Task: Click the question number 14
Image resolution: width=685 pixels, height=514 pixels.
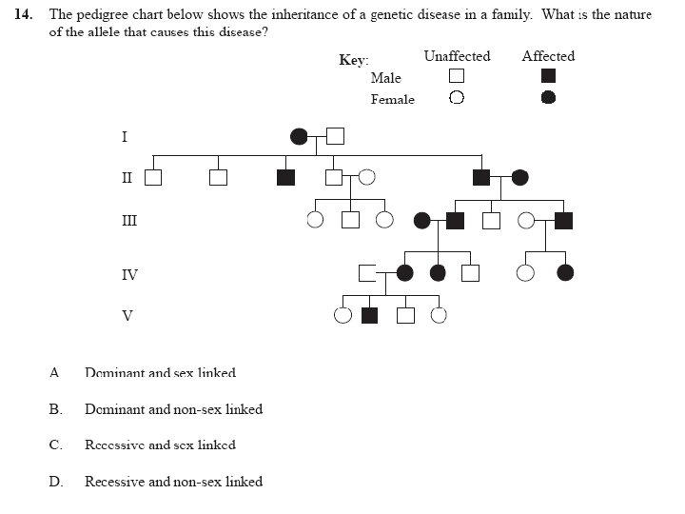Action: click(x=24, y=15)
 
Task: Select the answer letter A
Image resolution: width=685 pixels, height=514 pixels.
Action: click(x=54, y=372)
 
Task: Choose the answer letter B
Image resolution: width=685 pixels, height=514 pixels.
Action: click(x=55, y=409)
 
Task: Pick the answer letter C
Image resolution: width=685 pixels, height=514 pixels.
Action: click(x=55, y=445)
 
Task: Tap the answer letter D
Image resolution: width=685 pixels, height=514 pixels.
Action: click(x=55, y=482)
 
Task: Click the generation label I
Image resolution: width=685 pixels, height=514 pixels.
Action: click(x=124, y=136)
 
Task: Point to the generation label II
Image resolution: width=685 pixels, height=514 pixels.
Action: click(x=126, y=176)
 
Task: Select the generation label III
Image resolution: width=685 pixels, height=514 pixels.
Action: click(x=127, y=221)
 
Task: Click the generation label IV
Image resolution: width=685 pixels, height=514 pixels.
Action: click(x=128, y=275)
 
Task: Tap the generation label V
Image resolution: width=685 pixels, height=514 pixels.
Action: click(x=127, y=315)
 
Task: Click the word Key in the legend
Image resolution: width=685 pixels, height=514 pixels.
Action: click(x=353, y=60)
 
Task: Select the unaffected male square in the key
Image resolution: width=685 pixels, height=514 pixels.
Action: click(x=457, y=76)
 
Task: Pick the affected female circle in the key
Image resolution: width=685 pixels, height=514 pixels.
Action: click(x=548, y=97)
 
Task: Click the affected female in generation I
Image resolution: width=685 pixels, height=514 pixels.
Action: click(x=299, y=136)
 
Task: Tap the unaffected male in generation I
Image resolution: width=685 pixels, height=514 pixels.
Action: click(x=334, y=136)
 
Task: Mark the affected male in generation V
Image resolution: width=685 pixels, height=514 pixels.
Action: click(x=370, y=315)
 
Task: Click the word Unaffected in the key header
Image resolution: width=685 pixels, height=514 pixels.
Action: click(x=457, y=56)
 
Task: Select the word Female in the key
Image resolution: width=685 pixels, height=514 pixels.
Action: click(x=393, y=99)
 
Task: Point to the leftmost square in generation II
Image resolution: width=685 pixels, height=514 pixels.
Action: click(x=152, y=177)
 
